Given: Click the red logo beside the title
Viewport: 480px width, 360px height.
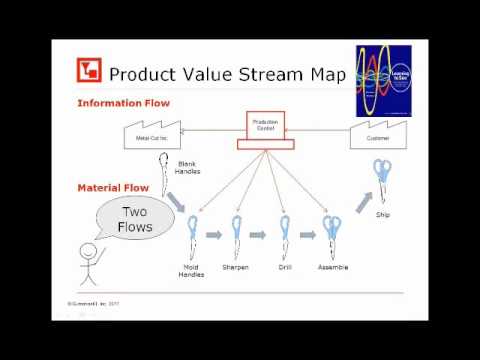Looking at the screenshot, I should click(x=89, y=73).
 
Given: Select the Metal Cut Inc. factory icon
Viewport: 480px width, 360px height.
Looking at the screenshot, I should click(x=154, y=137).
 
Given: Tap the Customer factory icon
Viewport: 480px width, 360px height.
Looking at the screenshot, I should click(x=377, y=137).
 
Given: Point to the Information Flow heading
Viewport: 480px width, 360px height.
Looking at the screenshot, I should click(x=123, y=103).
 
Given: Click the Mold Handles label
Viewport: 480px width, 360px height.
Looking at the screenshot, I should click(x=191, y=271).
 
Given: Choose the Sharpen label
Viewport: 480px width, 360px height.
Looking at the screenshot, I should click(x=236, y=267).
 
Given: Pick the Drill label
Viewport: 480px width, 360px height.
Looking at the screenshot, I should click(x=285, y=267).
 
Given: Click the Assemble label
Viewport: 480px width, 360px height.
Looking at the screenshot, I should click(x=332, y=267).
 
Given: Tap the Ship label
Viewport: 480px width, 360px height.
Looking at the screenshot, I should click(x=382, y=214).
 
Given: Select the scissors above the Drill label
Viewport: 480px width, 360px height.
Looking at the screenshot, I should click(x=284, y=236).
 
